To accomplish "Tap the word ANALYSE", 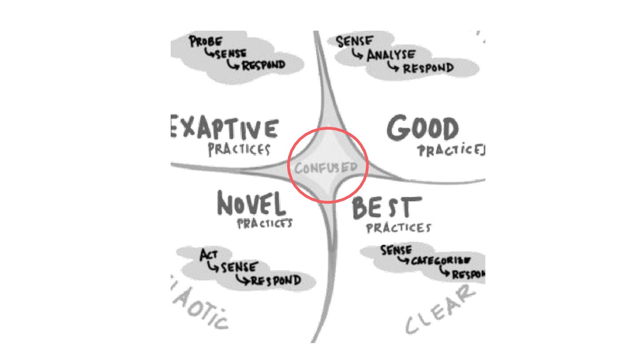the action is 391,56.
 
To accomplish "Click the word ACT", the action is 208,256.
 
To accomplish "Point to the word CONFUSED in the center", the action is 326,168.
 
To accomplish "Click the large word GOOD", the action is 422,129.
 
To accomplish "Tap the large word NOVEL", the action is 251,205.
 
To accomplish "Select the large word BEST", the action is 386,208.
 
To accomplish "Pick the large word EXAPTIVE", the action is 225,129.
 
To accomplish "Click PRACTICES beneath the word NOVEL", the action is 265,223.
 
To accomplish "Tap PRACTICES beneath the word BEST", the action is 398,228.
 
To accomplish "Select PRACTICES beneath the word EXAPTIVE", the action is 239,149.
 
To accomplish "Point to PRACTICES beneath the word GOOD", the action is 451,151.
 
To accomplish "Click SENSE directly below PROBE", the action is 231,54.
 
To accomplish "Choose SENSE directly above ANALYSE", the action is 354,41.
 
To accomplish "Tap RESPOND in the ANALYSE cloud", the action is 428,68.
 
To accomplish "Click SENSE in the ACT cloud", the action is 238,268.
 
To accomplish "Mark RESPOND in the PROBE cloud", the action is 263,65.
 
